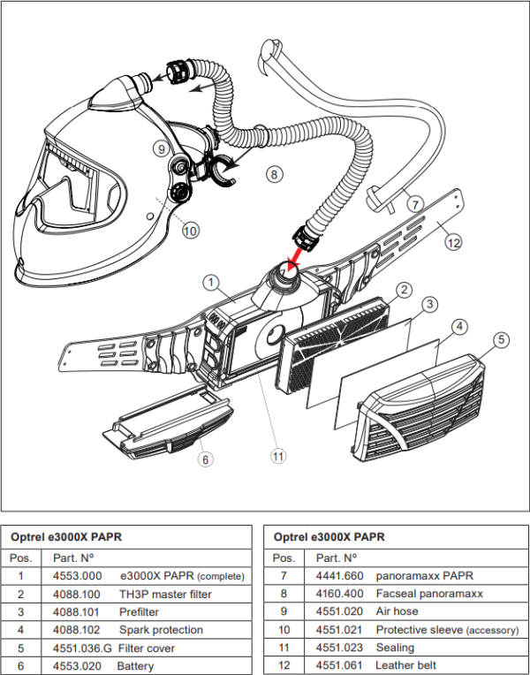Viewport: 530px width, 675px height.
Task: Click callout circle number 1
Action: pyautogui.click(x=210, y=283)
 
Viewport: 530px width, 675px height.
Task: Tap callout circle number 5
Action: pyautogui.click(x=500, y=339)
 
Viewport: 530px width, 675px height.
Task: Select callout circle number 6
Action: pyautogui.click(x=205, y=459)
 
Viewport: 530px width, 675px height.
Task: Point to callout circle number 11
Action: pyautogui.click(x=279, y=456)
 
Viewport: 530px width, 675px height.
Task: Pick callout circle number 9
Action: pyautogui.click(x=161, y=148)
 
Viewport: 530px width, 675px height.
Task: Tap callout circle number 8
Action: pyautogui.click(x=275, y=174)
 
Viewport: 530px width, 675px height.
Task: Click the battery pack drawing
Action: pyautogui.click(x=168, y=423)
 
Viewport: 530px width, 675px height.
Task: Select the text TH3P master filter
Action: pyautogui.click(x=165, y=595)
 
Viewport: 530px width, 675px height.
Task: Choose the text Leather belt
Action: pyautogui.click(x=405, y=665)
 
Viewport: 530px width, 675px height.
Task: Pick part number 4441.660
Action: pyautogui.click(x=333, y=576)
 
